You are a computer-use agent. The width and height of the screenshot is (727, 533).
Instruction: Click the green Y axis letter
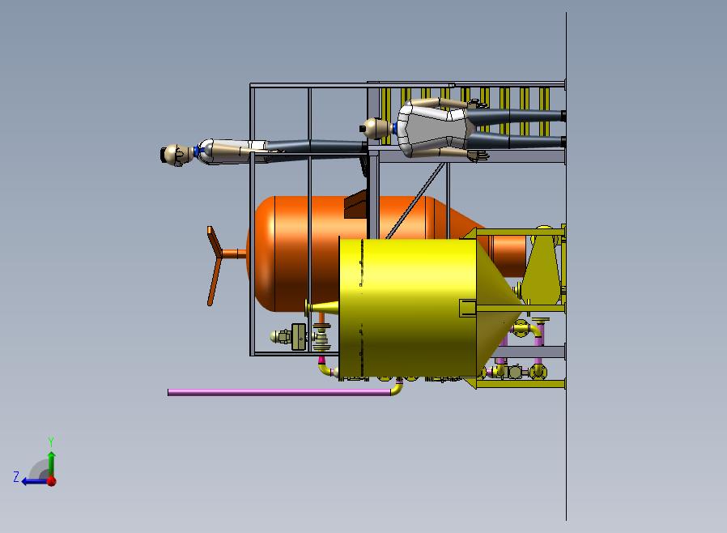(51, 441)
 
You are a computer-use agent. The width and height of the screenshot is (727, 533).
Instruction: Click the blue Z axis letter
(16, 476)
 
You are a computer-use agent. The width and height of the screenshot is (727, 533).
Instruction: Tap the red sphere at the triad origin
(52, 481)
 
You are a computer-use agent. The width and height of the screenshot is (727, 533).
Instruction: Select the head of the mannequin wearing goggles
(176, 154)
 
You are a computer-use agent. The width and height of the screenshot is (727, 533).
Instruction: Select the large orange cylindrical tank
(352, 253)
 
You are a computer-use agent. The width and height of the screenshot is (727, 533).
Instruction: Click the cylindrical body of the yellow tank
(408, 309)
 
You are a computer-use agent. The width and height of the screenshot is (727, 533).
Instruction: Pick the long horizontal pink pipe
(279, 392)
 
